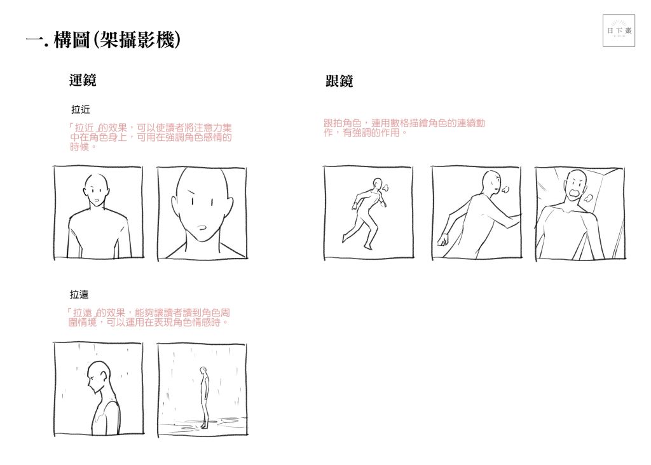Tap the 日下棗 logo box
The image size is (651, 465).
pyautogui.click(x=619, y=30)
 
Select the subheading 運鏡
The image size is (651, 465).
pyautogui.click(x=83, y=80)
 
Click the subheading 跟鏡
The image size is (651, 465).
pyautogui.click(x=339, y=81)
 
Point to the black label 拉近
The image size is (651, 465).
pyautogui.click(x=81, y=109)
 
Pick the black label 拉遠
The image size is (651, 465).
pyautogui.click(x=79, y=295)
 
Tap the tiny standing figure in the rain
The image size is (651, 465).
pyautogui.click(x=203, y=397)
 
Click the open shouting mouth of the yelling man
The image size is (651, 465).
pyautogui.click(x=575, y=194)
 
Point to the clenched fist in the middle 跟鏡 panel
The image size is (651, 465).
pyautogui.click(x=443, y=239)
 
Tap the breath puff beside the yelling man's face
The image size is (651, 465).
pyautogui.click(x=588, y=198)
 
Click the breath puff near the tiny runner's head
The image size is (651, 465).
pyautogui.click(x=385, y=188)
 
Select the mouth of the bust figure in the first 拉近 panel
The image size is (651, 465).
pyautogui.click(x=97, y=201)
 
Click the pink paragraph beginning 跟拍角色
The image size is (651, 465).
pyautogui.click(x=404, y=128)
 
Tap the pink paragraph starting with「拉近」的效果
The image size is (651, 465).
pyautogui.click(x=150, y=137)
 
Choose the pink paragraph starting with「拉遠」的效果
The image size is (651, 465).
pyautogui.click(x=149, y=318)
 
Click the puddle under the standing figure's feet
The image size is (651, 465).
pyautogui.click(x=203, y=423)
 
